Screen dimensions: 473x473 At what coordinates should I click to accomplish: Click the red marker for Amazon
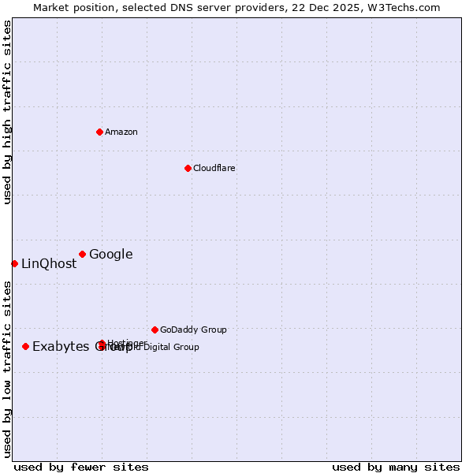[99, 132]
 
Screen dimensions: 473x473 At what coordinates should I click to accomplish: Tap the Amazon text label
[121, 132]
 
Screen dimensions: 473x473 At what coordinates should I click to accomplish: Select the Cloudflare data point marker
[188, 168]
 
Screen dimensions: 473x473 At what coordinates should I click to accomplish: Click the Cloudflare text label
[214, 168]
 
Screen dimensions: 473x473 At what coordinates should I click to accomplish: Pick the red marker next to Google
[82, 254]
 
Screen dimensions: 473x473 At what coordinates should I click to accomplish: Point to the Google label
[111, 254]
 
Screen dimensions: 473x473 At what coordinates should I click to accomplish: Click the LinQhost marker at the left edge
[14, 263]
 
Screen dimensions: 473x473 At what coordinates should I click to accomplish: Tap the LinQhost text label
[49, 264]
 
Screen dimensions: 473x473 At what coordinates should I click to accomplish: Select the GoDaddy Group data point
[155, 330]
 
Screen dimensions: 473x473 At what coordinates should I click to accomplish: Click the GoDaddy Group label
[193, 330]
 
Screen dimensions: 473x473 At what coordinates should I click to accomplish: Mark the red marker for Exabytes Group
[25, 346]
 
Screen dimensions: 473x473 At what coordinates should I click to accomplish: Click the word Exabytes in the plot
[58, 347]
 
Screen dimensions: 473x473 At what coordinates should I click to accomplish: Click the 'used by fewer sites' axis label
[81, 467]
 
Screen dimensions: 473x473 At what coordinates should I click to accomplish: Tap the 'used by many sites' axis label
[396, 467]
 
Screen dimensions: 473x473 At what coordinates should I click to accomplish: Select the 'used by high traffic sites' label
[8, 112]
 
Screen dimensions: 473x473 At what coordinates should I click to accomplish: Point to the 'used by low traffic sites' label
[8, 369]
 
